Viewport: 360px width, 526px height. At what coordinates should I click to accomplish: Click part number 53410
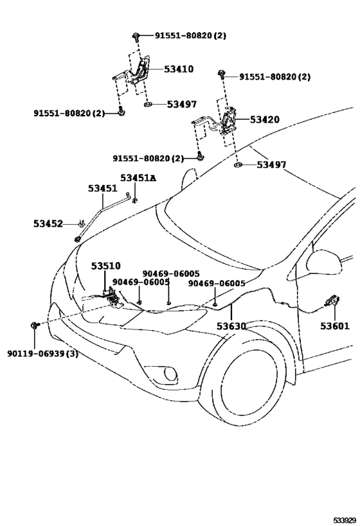click(x=179, y=69)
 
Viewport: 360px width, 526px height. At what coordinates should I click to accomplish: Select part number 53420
click(x=265, y=119)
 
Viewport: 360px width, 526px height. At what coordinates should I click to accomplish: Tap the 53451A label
click(x=138, y=178)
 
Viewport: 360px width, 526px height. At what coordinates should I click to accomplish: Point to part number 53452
click(x=48, y=224)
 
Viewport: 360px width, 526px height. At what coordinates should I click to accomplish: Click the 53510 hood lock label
click(x=106, y=266)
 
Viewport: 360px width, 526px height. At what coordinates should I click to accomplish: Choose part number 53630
click(x=231, y=326)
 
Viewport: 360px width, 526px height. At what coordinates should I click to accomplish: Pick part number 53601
click(x=335, y=326)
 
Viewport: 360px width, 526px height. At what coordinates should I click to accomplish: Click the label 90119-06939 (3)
click(x=42, y=354)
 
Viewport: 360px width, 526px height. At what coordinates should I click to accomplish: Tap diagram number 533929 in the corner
click(x=344, y=520)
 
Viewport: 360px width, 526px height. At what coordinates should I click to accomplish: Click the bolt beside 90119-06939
click(x=35, y=325)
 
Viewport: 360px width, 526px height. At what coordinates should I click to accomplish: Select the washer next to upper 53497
click(x=147, y=105)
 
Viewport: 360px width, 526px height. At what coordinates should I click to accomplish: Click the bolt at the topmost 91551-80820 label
click(x=136, y=36)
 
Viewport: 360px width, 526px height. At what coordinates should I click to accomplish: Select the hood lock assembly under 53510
click(x=112, y=297)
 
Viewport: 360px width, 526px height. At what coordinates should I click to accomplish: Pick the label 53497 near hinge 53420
click(x=271, y=164)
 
